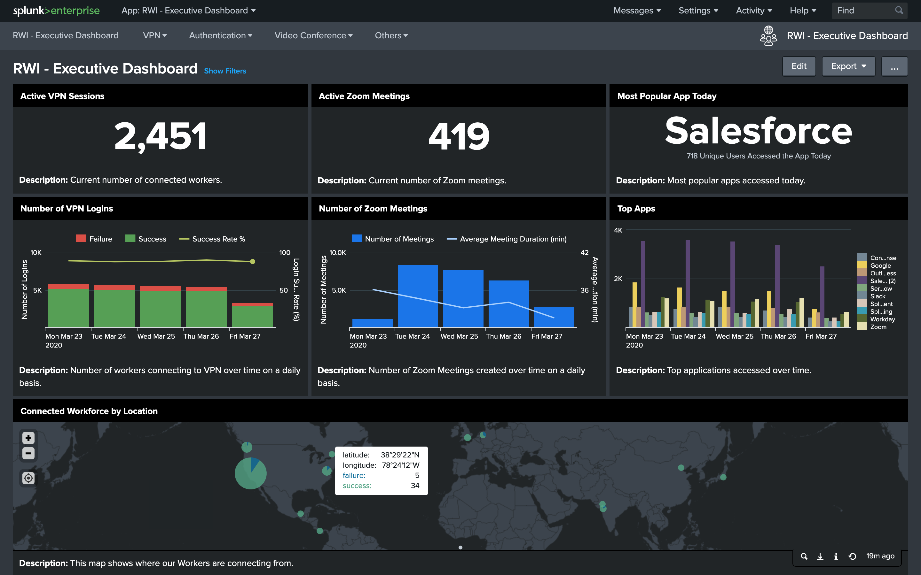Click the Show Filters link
point(225,71)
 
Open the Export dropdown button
point(848,66)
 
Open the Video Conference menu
point(313,35)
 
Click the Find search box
point(864,11)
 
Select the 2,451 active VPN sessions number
point(160,136)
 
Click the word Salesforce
point(758,131)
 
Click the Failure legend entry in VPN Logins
point(94,239)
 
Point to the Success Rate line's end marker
point(252,262)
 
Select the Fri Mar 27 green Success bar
point(252,316)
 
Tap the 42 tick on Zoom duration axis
point(584,252)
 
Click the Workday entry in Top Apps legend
point(882,319)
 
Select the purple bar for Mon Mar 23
point(643,283)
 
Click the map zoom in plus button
point(28,438)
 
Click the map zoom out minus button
point(28,453)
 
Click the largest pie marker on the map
point(250,473)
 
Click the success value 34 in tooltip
point(415,486)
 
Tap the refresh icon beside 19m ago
point(853,556)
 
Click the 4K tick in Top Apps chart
point(618,230)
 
